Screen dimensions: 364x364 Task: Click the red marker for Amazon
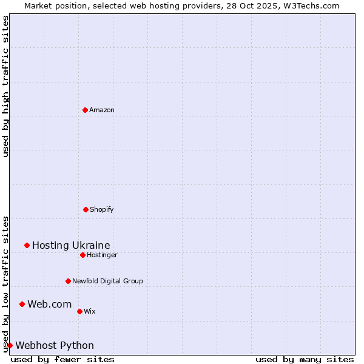[85, 110]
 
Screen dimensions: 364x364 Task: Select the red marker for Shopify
[86, 209]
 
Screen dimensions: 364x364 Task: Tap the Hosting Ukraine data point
[27, 245]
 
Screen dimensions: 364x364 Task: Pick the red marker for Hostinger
[83, 255]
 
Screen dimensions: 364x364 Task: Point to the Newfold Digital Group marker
[68, 281]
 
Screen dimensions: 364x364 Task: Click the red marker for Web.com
[22, 304]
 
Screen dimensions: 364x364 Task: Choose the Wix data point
[79, 311]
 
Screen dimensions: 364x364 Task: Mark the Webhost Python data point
[10, 345]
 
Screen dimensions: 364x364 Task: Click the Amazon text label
[102, 110]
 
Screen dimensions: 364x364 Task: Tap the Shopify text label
[102, 209]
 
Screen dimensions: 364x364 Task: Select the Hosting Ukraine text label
[71, 245]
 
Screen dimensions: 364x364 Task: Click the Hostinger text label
[102, 255]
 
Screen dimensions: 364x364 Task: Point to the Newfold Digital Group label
[107, 281]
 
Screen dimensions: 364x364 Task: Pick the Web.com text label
[49, 304]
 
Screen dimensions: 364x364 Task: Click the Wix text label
[90, 311]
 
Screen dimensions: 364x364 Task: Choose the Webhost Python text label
[55, 345]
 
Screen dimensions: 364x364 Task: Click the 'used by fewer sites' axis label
[62, 359]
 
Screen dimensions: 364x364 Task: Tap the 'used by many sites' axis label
[305, 359]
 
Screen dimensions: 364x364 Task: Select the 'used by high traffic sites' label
[5, 86]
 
